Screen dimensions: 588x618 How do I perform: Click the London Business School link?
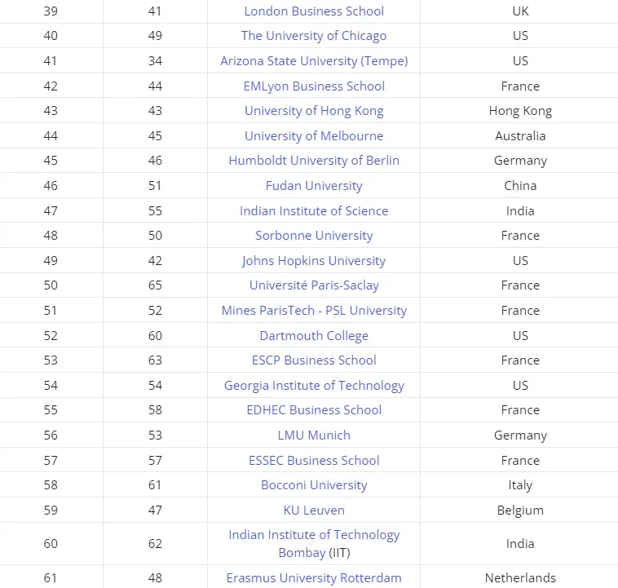tap(314, 11)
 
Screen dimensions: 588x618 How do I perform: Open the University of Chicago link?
tap(314, 36)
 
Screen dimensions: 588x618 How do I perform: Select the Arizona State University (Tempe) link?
tap(314, 61)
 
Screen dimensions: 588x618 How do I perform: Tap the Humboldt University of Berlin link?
tap(314, 161)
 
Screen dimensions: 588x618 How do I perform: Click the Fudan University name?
tap(314, 186)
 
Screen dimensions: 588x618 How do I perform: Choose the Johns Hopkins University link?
tap(314, 261)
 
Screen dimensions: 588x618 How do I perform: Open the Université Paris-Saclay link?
tap(314, 285)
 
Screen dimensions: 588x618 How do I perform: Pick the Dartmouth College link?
tap(314, 336)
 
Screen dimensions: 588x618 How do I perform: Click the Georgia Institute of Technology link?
tap(314, 386)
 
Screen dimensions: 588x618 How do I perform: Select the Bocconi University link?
tap(314, 485)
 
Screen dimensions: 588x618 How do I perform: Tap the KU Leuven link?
tap(314, 511)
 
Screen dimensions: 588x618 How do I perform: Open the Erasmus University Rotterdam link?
tap(314, 578)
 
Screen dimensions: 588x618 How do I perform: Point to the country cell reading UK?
tap(520, 11)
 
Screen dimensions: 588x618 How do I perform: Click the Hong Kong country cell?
tap(520, 111)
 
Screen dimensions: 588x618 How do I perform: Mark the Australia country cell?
tap(520, 136)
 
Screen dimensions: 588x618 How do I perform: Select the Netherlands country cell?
tap(520, 578)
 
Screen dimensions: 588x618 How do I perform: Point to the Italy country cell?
tap(520, 485)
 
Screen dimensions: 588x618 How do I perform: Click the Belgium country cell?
tap(520, 511)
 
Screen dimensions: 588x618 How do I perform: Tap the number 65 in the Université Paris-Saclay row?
tap(155, 285)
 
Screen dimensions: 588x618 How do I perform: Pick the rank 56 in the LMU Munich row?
tap(51, 435)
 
